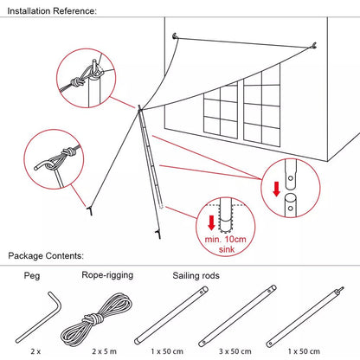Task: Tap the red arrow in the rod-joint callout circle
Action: pyautogui.click(x=275, y=189)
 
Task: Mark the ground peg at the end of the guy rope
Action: pyautogui.click(x=88, y=209)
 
